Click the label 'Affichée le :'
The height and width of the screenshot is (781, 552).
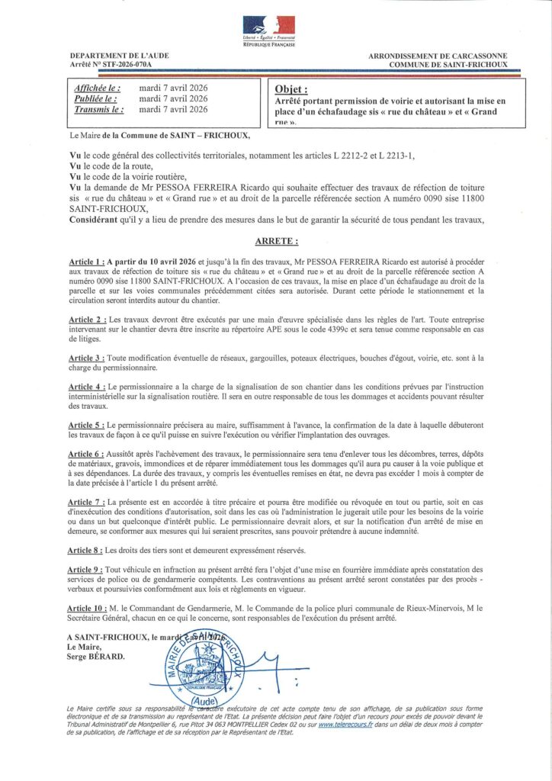click(x=98, y=88)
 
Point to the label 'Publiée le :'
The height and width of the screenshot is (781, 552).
click(x=95, y=98)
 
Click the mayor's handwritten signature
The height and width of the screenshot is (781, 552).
click(x=259, y=662)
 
